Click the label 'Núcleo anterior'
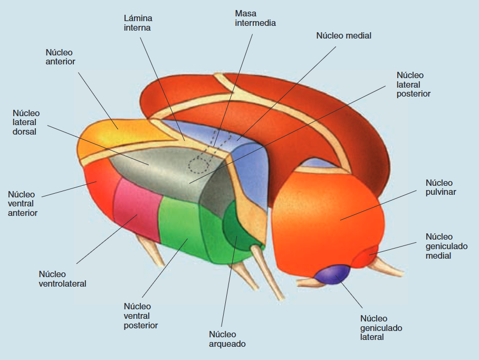60,57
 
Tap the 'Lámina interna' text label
138,23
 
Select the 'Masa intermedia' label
255,18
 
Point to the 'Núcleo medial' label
343,36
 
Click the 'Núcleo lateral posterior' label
413,84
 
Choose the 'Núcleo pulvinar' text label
440,187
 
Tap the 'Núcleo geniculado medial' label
446,246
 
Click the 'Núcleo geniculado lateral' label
381,328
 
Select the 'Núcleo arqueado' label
227,339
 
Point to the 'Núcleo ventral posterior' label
140,316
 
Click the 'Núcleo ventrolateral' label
62,279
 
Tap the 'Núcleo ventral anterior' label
22,204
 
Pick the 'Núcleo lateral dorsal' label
26,122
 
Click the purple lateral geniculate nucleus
332,274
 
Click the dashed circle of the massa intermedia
199,165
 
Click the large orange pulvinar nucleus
327,220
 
